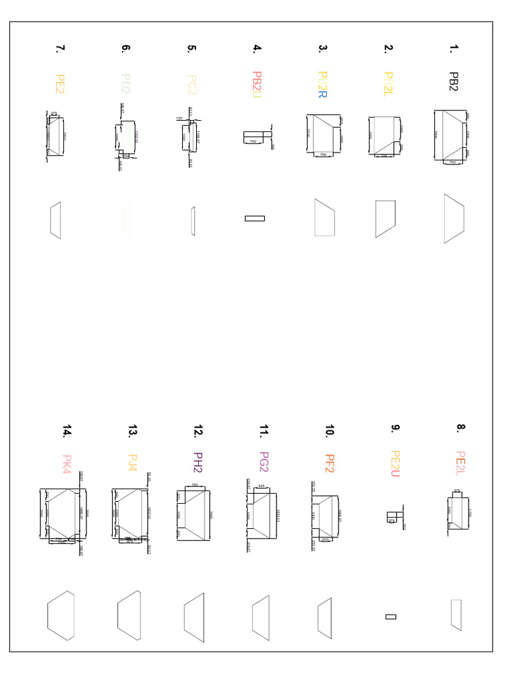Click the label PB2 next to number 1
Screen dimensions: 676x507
[x=453, y=82]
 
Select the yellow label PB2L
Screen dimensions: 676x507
[x=388, y=84]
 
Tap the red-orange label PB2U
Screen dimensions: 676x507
[x=257, y=84]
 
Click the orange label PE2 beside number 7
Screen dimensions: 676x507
[x=60, y=84]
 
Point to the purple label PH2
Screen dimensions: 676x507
[x=197, y=462]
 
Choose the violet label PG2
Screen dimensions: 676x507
[x=263, y=462]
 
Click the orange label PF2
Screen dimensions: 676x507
[x=329, y=463]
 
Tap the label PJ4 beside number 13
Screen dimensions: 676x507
[x=132, y=463]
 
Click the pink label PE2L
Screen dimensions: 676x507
[x=460, y=462]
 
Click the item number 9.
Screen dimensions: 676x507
[x=394, y=428]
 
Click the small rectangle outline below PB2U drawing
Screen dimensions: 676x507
[x=255, y=219]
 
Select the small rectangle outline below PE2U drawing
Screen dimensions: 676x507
[x=391, y=617]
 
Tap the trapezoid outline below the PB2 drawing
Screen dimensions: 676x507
[x=454, y=219]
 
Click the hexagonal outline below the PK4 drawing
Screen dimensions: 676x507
[x=61, y=616]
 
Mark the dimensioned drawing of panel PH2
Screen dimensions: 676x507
[x=193, y=516]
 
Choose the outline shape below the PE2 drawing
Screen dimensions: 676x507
[x=55, y=220]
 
